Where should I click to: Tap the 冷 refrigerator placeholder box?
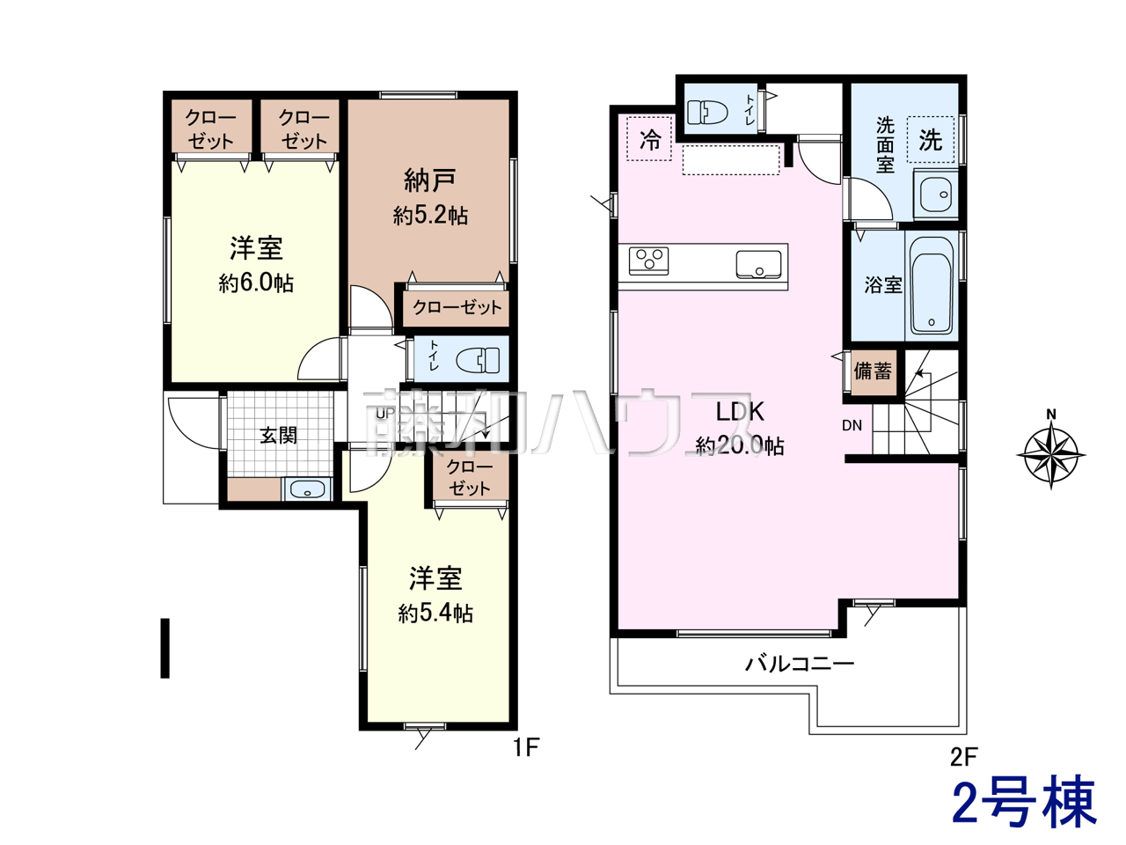[x=649, y=138]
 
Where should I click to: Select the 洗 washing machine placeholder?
[x=931, y=140]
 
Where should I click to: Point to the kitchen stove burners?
[x=648, y=261]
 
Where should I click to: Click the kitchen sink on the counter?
[x=758, y=264]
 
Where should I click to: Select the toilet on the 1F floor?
[x=478, y=360]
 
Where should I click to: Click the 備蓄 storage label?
[x=873, y=371]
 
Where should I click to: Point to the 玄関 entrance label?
[x=278, y=436]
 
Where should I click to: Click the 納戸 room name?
[x=430, y=180]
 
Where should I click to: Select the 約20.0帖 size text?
[x=740, y=446]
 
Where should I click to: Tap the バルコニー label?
[x=800, y=665]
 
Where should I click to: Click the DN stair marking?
[x=852, y=425]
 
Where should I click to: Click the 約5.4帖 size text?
[x=435, y=614]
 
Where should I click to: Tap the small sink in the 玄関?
[x=307, y=489]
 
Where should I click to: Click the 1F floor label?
[x=526, y=747]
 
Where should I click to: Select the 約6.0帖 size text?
[x=256, y=283]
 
